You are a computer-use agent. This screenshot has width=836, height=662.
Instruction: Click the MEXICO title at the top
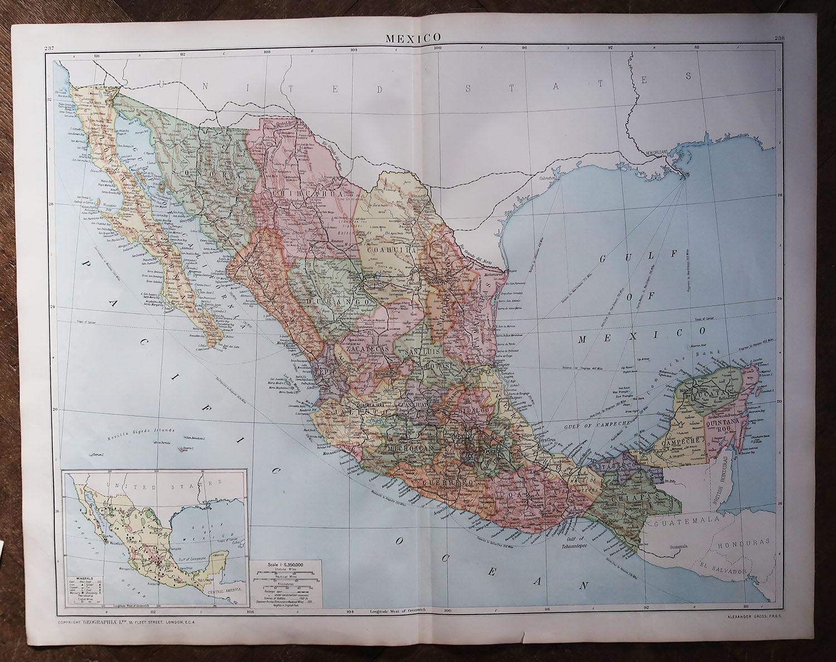tap(413, 37)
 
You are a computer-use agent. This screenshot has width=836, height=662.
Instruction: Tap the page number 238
tap(779, 38)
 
